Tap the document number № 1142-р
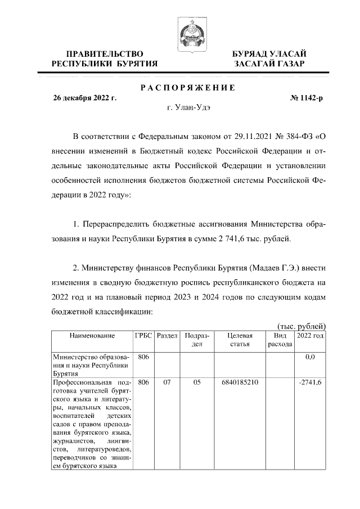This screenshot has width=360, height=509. [x=307, y=98]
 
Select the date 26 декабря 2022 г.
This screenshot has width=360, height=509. [x=84, y=98]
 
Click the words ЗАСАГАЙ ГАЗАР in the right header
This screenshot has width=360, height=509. [x=270, y=64]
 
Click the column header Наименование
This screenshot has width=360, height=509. [x=92, y=336]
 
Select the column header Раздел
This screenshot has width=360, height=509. [x=167, y=336]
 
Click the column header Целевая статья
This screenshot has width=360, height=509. [x=239, y=340]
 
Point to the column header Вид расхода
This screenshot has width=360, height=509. [x=280, y=340]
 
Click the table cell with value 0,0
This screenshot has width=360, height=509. [x=309, y=357]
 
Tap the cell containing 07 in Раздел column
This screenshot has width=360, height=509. [x=167, y=382]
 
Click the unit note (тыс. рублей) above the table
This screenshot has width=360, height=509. [x=303, y=326]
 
